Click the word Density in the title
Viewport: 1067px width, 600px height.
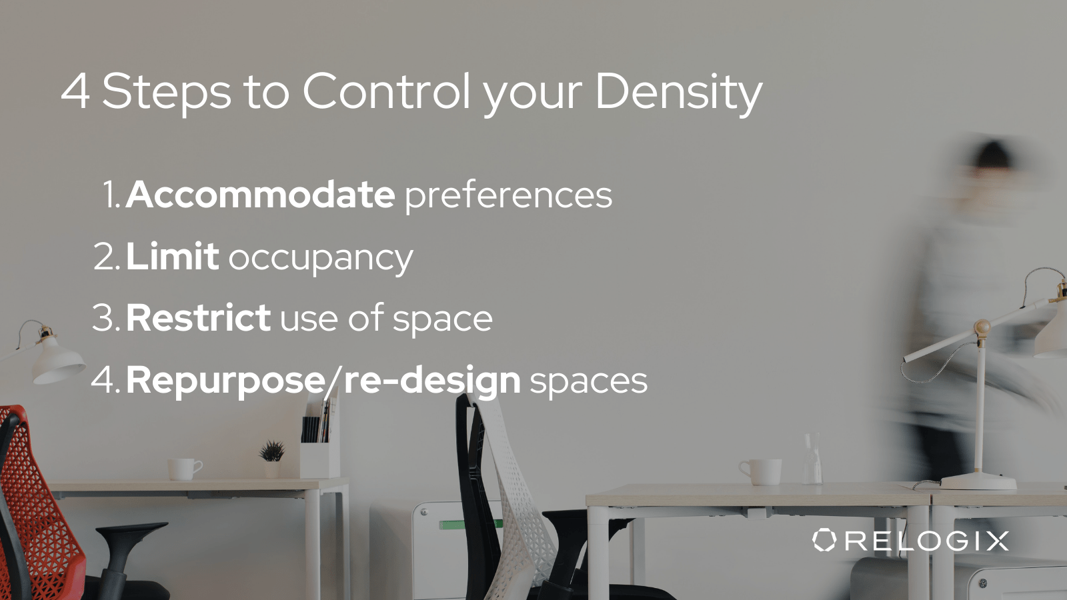678,92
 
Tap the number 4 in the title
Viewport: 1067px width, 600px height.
75,91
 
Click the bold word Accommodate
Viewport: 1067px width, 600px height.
261,195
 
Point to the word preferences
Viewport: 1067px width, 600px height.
508,195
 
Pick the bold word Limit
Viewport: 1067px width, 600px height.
172,257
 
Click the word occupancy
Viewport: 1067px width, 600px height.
321,259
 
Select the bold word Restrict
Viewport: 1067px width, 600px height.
198,318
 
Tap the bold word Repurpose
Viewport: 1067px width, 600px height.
225,381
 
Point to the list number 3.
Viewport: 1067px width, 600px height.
105,318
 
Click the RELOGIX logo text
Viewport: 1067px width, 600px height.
927,541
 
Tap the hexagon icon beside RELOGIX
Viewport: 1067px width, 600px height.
824,540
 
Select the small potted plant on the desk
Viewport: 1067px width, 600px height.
271,453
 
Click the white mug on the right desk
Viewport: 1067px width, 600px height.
762,471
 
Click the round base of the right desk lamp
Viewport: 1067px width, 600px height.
978,481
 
